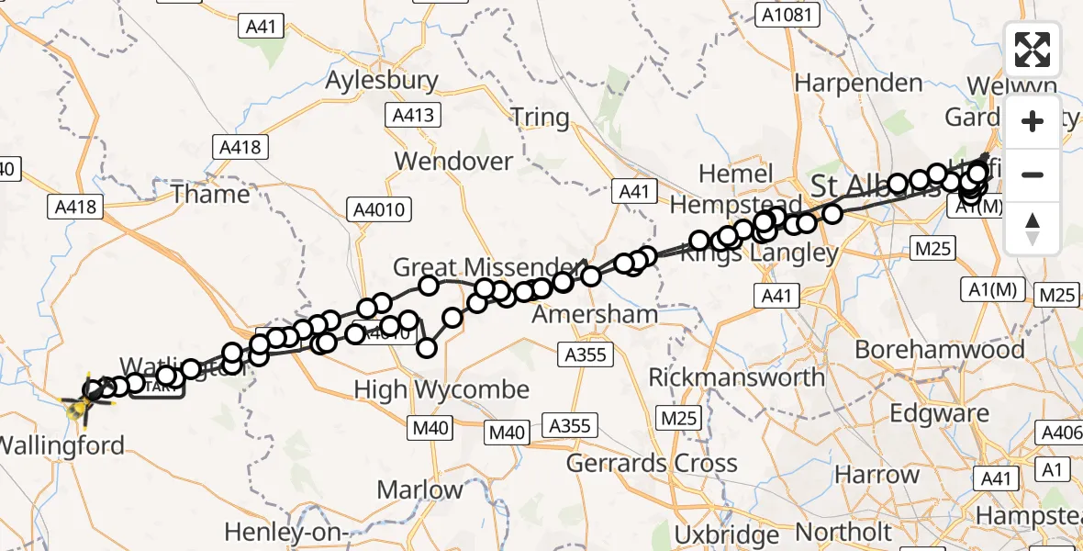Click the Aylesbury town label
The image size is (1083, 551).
[x=383, y=81]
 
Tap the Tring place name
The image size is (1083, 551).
[x=540, y=118]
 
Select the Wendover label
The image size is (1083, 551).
[x=453, y=162]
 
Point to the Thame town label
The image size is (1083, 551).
[x=210, y=194]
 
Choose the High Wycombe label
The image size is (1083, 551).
[x=441, y=389]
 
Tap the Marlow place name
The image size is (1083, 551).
[x=420, y=489]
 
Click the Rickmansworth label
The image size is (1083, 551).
[x=737, y=377]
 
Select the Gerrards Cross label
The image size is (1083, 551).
[x=652, y=464]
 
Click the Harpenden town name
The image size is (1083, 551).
[x=858, y=83]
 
